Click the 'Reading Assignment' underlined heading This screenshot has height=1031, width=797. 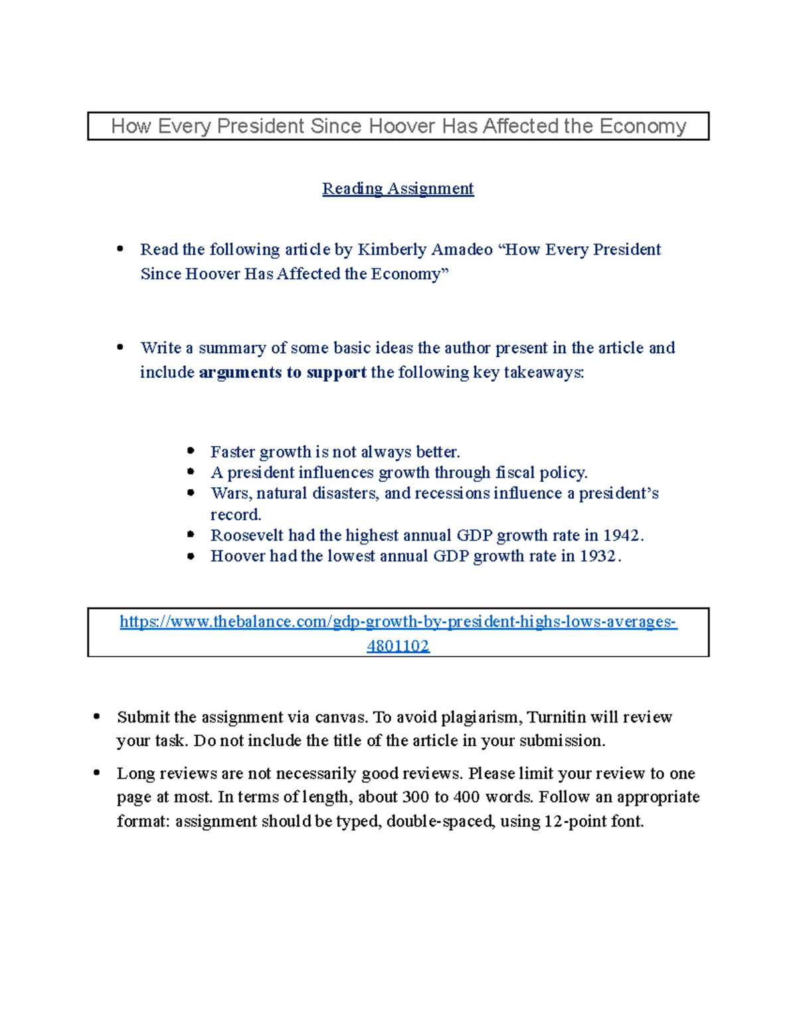click(398, 189)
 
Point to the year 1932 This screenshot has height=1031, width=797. click(598, 556)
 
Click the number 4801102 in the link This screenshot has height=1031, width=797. click(398, 646)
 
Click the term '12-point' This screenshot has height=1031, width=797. click(575, 821)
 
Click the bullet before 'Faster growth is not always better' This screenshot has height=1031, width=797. click(191, 451)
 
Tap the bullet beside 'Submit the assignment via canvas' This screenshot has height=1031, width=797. click(97, 716)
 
